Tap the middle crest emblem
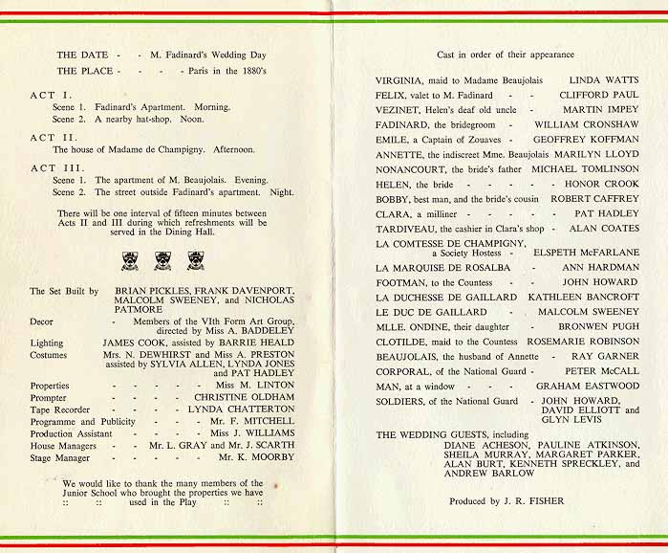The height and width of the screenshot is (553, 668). click(x=163, y=259)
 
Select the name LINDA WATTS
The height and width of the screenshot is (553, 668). click(x=604, y=80)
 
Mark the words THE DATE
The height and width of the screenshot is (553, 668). click(x=79, y=55)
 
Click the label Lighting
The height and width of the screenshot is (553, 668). click(x=47, y=343)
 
